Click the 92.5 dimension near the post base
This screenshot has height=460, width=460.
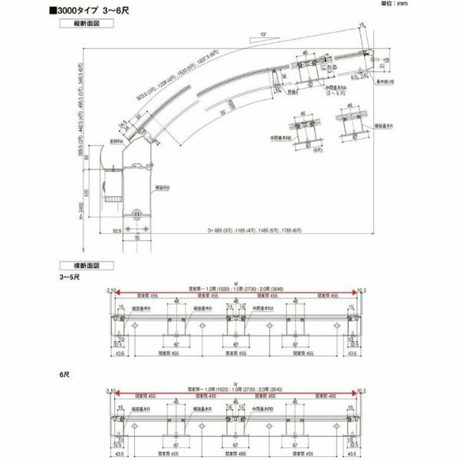coord(117,228)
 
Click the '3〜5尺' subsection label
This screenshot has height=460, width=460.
coord(71,276)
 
